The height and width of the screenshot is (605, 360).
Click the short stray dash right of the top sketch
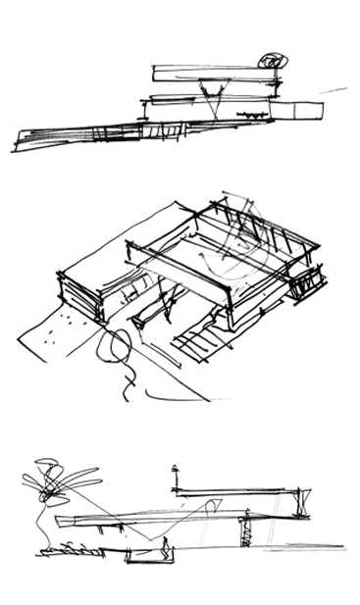click(x=335, y=90)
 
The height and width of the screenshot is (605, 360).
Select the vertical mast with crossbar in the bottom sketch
click(x=175, y=483)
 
